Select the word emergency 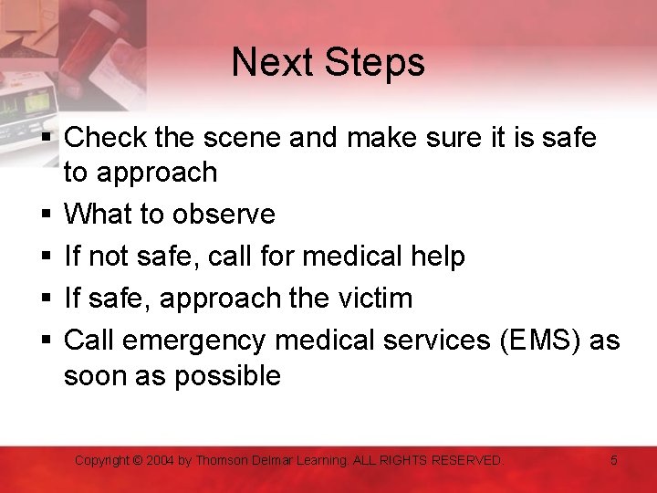[193, 341]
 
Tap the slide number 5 [614, 461]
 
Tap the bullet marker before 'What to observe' [45, 215]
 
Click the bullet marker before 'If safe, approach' [45, 299]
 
